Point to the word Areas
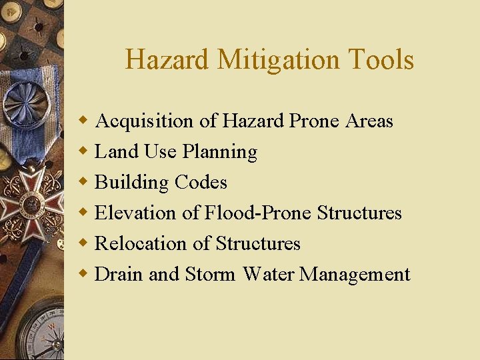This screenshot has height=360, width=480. [369, 121]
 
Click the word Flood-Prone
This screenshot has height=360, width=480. [258, 213]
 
